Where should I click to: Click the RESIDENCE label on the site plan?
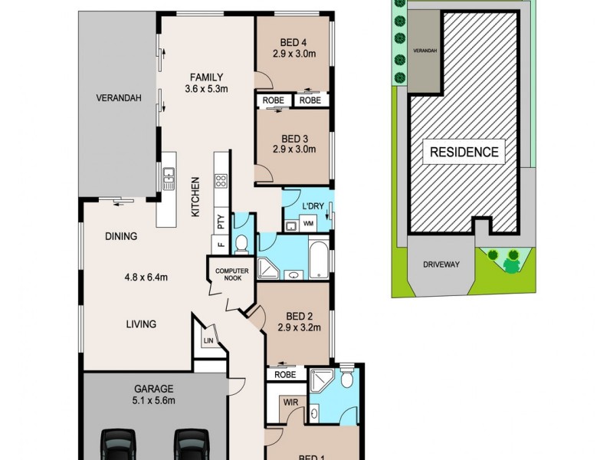tap(464, 152)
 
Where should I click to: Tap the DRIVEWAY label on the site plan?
tap(440, 264)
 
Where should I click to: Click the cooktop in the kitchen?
tap(221, 182)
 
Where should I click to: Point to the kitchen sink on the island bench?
tap(168, 180)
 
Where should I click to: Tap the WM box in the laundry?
tap(309, 223)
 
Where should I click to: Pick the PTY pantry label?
tap(221, 222)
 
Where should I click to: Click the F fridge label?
tap(220, 246)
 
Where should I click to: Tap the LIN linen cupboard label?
tap(208, 341)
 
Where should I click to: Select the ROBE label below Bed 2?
tap(285, 375)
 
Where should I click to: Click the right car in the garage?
tap(189, 444)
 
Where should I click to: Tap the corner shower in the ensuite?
tap(320, 380)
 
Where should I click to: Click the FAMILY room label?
tap(204, 77)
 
